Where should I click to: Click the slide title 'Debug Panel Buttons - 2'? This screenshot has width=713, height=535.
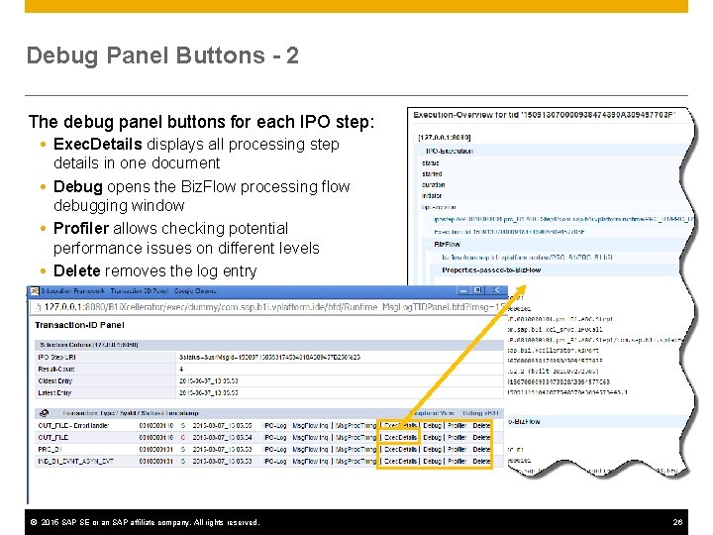[162, 55]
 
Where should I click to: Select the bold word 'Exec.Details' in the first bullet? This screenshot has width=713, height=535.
[98, 144]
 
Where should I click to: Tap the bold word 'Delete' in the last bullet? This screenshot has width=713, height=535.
[77, 270]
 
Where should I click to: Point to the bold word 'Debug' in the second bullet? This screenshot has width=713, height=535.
[78, 186]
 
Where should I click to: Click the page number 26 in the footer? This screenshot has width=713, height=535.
[677, 522]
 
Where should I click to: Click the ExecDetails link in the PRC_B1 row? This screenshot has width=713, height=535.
[401, 449]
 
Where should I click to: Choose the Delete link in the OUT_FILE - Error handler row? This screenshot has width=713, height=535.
[481, 424]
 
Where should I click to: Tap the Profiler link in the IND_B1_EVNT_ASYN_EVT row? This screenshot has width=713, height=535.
[457, 462]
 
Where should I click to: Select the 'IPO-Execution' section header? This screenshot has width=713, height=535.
[452, 150]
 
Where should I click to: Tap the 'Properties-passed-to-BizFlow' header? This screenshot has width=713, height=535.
[491, 269]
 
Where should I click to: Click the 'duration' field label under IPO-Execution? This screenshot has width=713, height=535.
[433, 184]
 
